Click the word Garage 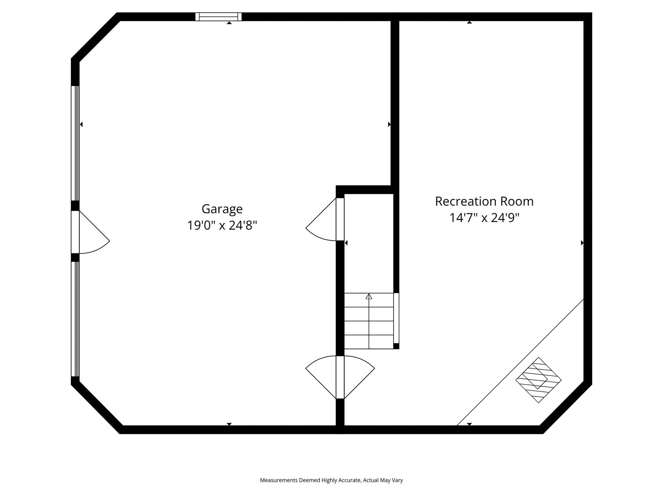click(x=222, y=209)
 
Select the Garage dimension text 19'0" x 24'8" click(x=222, y=225)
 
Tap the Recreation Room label click(x=484, y=201)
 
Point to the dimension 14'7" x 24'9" click(x=484, y=218)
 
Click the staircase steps click(x=369, y=321)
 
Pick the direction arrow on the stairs click(x=369, y=296)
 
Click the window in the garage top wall click(x=219, y=17)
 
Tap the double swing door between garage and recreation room click(x=340, y=377)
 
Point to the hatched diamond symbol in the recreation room click(x=538, y=380)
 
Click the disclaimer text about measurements click(x=331, y=480)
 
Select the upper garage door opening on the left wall click(x=75, y=143)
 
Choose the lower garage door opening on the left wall click(x=75, y=319)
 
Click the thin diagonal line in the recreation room click(x=520, y=362)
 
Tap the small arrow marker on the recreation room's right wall click(x=582, y=243)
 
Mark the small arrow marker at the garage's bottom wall click(x=229, y=424)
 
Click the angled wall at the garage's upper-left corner click(x=96, y=37)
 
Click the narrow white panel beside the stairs click(x=396, y=318)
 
